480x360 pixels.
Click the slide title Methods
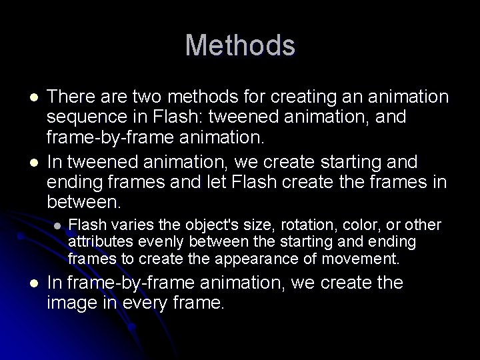click(x=240, y=45)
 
